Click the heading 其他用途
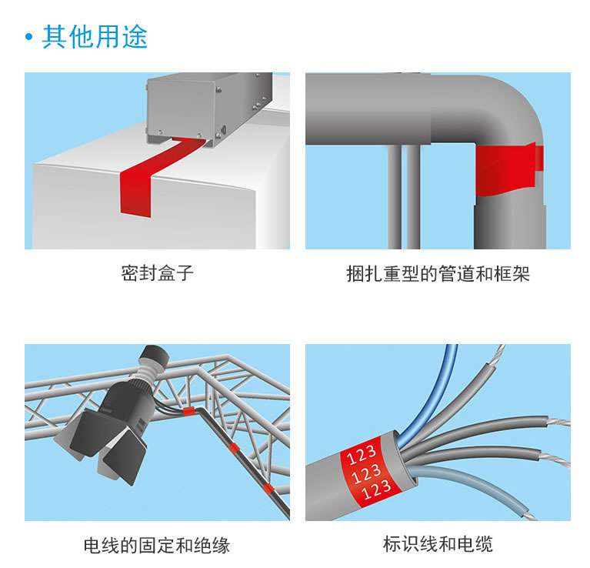point(95,36)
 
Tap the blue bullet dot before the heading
point(29,37)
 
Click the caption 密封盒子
point(157,273)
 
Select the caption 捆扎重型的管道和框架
point(438,274)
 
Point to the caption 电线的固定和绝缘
point(157,545)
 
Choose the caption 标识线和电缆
point(438,544)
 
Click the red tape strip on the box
point(151,177)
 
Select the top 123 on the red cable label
point(362,454)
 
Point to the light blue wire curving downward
point(474,486)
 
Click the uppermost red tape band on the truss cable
point(189,411)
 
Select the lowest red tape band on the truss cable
point(268,489)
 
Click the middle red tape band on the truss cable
point(233,448)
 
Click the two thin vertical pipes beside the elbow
point(404,196)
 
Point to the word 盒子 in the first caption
point(175,273)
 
